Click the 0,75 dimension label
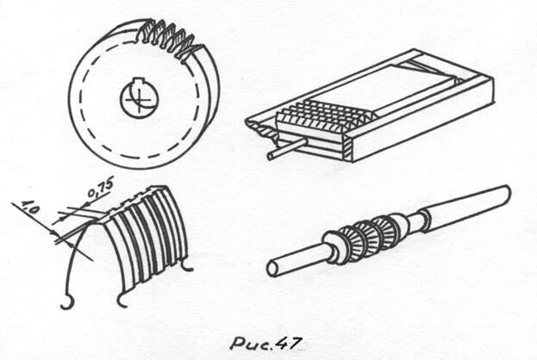click(100, 189)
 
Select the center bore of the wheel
click(139, 99)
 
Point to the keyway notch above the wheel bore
click(138, 81)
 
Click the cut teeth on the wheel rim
click(168, 40)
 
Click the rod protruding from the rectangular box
click(287, 148)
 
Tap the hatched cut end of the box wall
click(347, 148)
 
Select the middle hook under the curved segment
click(123, 300)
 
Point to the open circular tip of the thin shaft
click(272, 269)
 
